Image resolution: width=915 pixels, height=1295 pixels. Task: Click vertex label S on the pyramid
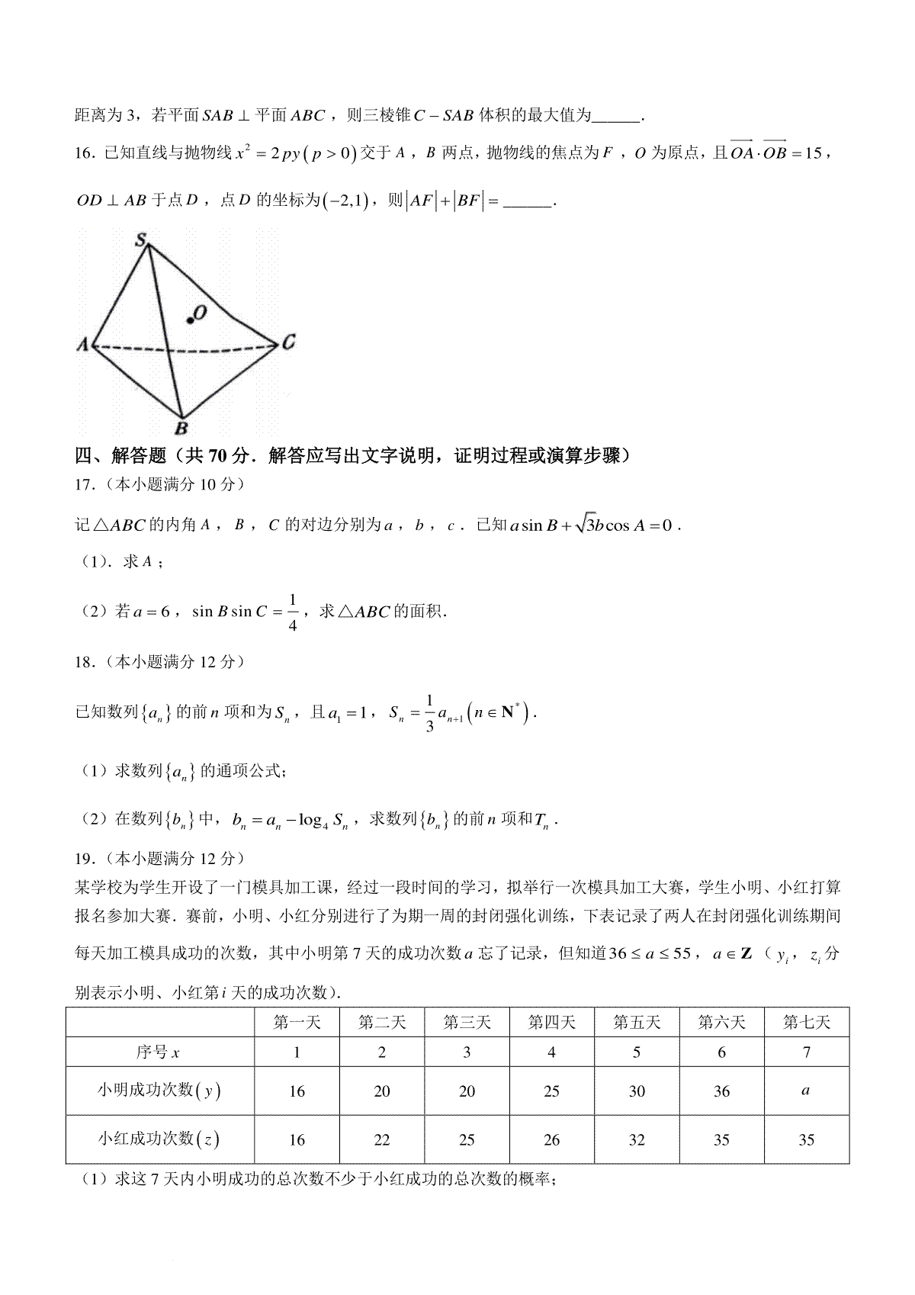[x=141, y=241]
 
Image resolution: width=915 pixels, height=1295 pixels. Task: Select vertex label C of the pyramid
[x=287, y=343]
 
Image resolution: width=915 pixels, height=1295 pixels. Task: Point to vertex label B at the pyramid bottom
[x=181, y=428]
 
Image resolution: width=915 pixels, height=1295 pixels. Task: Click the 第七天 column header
[x=806, y=1022]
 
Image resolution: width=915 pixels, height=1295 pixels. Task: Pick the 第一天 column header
[x=297, y=1022]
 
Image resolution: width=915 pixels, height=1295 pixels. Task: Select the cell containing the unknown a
[x=806, y=1091]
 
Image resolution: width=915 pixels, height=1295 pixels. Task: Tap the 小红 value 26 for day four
[x=551, y=1140]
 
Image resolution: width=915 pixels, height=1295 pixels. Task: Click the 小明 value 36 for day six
[x=721, y=1091]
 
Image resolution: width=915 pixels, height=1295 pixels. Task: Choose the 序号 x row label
[x=159, y=1052]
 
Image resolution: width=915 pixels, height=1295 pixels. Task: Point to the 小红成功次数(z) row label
[x=159, y=1140]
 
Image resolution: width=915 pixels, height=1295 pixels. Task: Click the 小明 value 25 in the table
[x=551, y=1091]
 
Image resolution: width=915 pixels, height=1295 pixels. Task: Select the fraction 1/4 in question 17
[x=293, y=612]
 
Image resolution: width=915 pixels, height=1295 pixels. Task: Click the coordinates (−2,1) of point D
[x=346, y=201]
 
